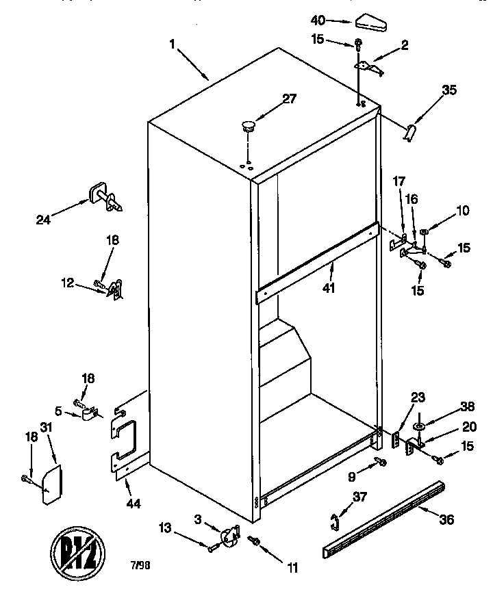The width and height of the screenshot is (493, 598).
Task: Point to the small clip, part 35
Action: click(x=412, y=132)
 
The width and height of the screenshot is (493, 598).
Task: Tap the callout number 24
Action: click(x=44, y=220)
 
